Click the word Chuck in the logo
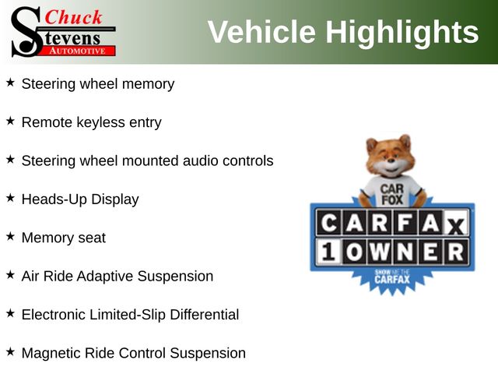coord(73,17)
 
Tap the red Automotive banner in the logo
coord(78,51)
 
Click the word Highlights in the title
coord(402,33)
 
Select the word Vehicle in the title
coord(261,32)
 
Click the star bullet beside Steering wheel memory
coord(10,83)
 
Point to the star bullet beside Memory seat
coord(10,236)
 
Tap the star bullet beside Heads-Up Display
coord(10,198)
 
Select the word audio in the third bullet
coord(201,161)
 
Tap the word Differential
coord(204,315)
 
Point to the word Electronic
coord(54,315)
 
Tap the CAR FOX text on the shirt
coord(392,194)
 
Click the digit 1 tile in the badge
coord(328,252)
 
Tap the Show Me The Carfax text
coord(392,277)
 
